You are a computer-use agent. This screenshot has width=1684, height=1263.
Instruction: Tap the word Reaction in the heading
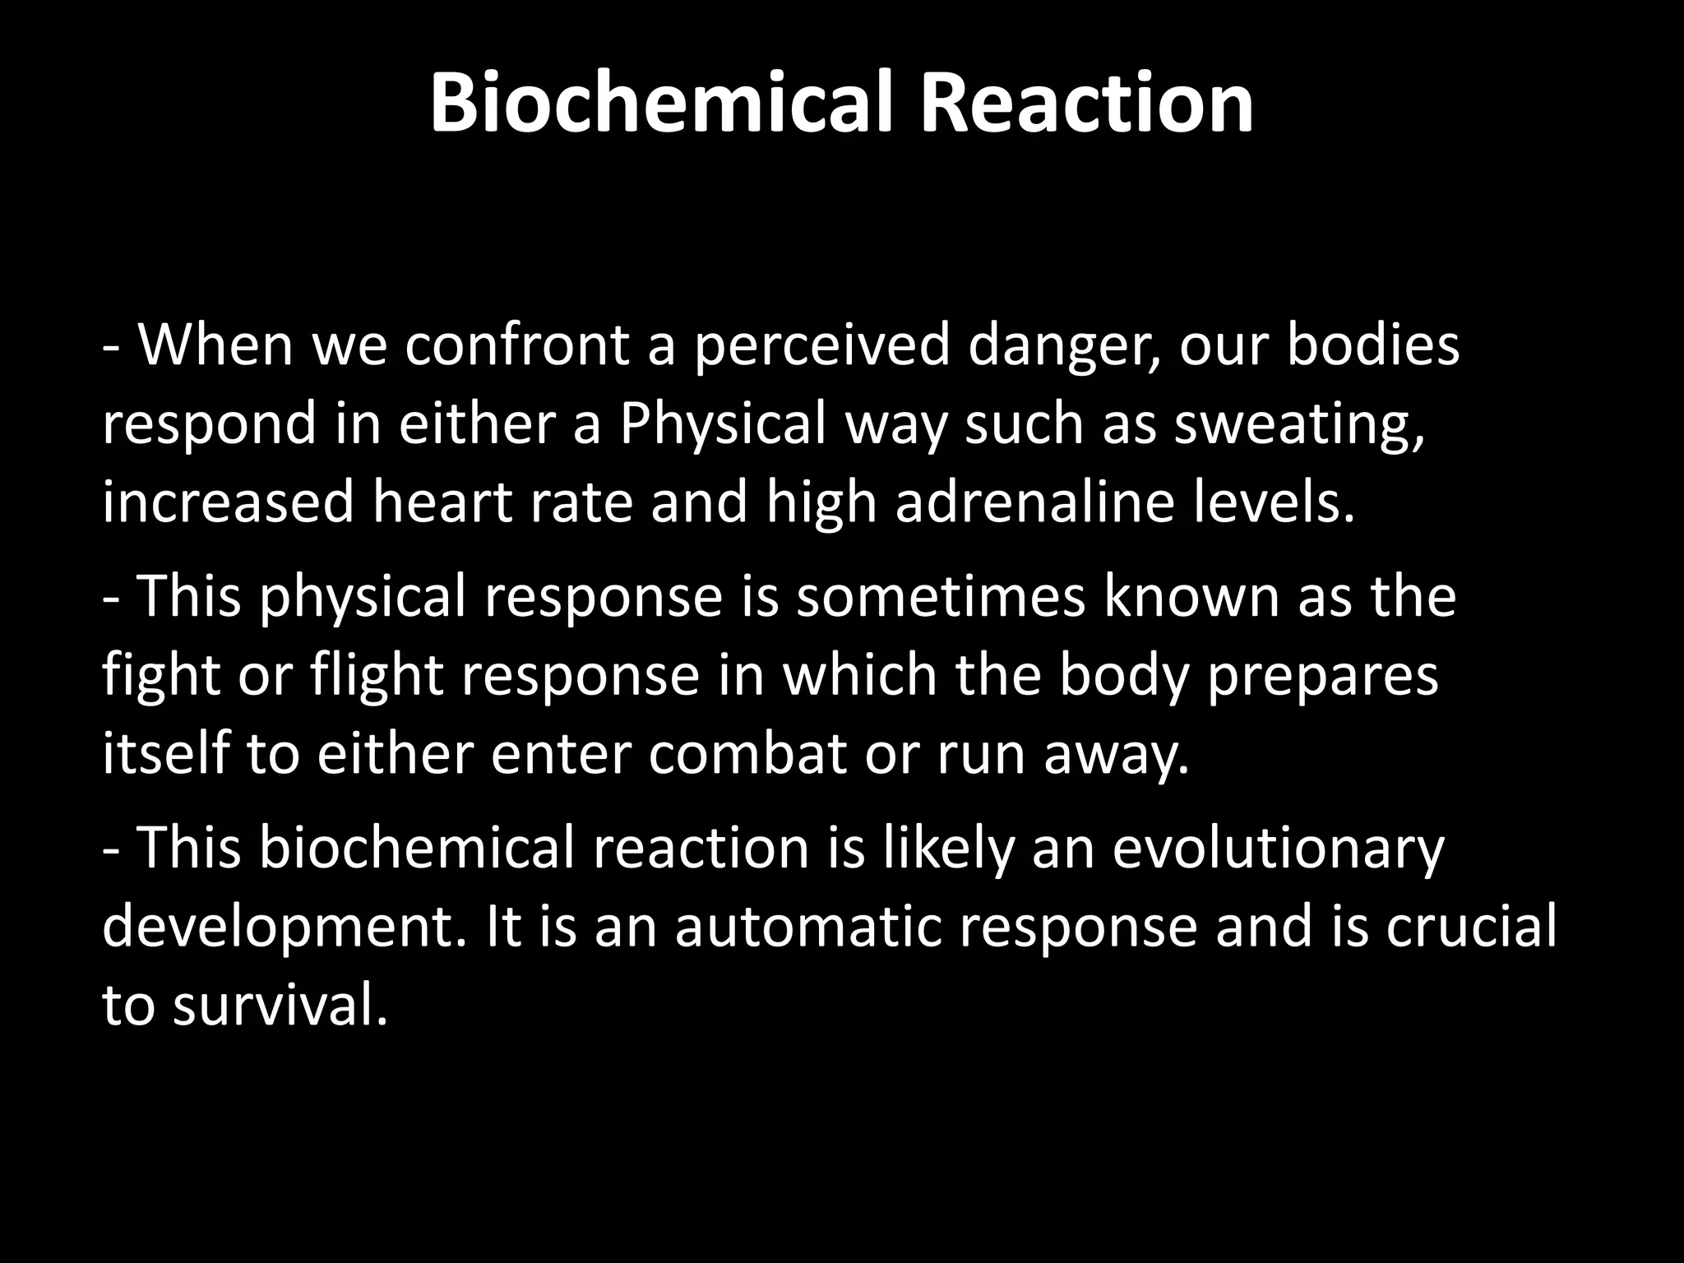point(1086,104)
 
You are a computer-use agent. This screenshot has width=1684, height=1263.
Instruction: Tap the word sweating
point(1298,426)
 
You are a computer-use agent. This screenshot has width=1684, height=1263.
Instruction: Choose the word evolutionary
point(1278,849)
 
